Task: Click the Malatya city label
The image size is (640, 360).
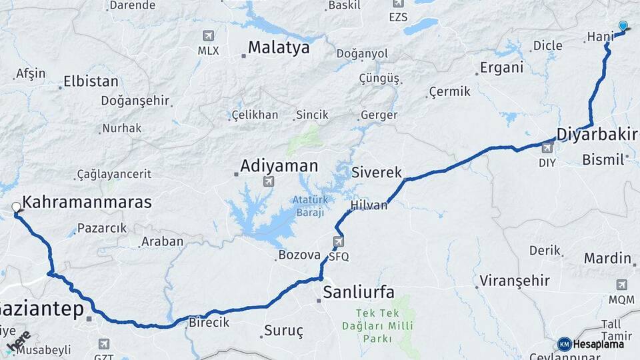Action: coord(279,48)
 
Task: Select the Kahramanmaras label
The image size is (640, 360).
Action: coord(87,202)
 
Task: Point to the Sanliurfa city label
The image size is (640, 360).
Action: coord(358,292)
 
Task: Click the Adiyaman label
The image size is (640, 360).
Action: coord(279,165)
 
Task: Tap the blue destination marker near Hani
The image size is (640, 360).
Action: coord(623,26)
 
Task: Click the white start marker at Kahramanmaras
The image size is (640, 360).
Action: coord(16,207)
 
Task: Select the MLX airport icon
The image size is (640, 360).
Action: coord(209,36)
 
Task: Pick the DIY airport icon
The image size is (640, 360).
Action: coord(547,148)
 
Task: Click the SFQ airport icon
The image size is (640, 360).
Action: coord(339,241)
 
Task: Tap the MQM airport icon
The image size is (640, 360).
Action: coord(621,285)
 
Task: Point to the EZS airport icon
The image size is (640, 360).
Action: coord(398,3)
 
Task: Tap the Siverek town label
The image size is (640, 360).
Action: coord(377,173)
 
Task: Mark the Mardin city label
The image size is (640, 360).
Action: coord(607,258)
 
